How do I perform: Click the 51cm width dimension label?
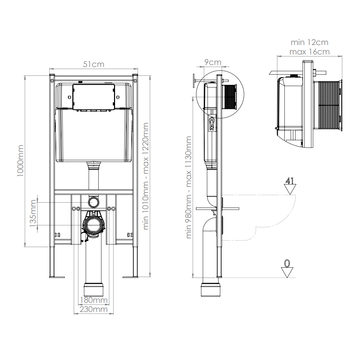pyautogui.click(x=93, y=64)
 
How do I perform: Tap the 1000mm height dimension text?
pyautogui.click(x=20, y=161)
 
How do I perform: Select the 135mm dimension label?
pyautogui.click(x=33, y=213)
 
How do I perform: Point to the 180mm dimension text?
pyautogui.click(x=94, y=300)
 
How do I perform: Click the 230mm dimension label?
pyautogui.click(x=94, y=309)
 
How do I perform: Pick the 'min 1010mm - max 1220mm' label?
pyautogui.click(x=146, y=176)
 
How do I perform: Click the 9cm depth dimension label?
pyautogui.click(x=213, y=62)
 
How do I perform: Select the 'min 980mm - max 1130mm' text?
pyautogui.click(x=188, y=187)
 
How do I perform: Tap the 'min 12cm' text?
pyautogui.click(x=310, y=42)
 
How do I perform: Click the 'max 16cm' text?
pyautogui.click(x=310, y=52)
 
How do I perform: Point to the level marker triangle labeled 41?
pyautogui.click(x=290, y=189)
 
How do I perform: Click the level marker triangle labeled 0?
pyautogui.click(x=287, y=272)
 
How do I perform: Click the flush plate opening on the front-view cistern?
pyautogui.click(x=93, y=96)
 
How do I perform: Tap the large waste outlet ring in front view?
pyautogui.click(x=94, y=225)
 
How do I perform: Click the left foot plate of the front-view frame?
pyautogui.click(x=57, y=277)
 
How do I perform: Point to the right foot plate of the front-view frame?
pyautogui.click(x=130, y=277)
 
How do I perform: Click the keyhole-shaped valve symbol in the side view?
pyautogui.click(x=212, y=123)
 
